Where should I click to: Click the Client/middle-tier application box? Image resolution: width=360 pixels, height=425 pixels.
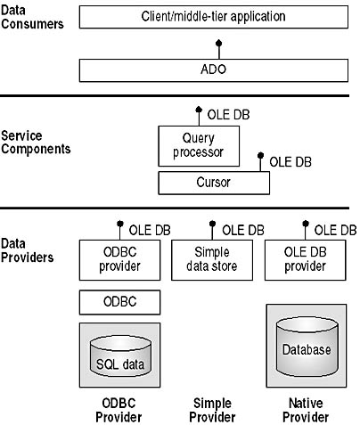pos(214,17)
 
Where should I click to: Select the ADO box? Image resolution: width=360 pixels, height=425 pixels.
pos(214,70)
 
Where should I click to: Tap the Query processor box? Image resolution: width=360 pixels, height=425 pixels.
pos(199,146)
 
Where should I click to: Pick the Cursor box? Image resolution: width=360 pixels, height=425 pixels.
pos(214,183)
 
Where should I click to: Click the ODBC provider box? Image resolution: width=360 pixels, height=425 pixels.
pos(119,260)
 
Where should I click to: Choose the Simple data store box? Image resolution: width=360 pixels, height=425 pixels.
pos(212,260)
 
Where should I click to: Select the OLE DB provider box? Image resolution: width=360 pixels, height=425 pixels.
pos(306,260)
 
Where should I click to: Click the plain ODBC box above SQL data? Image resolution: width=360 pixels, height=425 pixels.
pos(119,302)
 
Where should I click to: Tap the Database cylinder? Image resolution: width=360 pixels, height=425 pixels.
pos(307,347)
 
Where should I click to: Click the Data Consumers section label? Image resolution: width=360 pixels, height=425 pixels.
pos(32,17)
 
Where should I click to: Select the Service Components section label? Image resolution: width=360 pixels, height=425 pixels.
pos(36,143)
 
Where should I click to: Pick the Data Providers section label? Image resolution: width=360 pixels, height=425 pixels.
pos(28,250)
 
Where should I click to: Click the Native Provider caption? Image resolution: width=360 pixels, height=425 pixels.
pos(306,410)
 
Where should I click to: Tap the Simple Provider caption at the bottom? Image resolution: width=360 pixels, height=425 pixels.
pos(212,410)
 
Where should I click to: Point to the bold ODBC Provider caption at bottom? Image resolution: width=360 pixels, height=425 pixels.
pos(119,410)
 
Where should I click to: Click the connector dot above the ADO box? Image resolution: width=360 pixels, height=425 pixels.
pos(219,44)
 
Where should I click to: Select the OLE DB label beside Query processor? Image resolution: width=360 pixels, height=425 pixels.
pos(228,115)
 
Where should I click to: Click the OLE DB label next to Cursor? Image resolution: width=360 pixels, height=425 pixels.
pos(290,162)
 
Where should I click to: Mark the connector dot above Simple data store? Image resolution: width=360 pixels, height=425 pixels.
pos(212,224)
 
